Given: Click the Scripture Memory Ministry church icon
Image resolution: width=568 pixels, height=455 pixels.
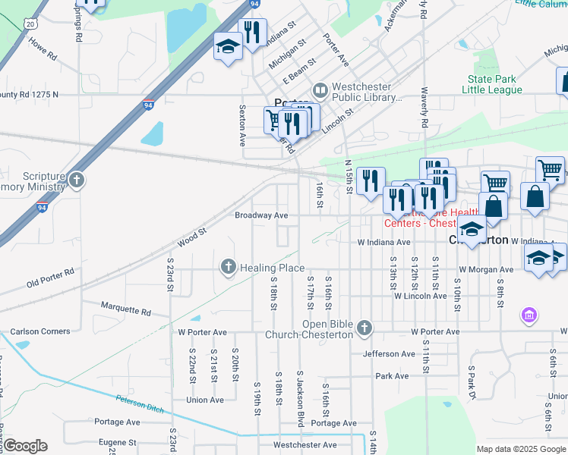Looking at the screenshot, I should (x=76, y=180).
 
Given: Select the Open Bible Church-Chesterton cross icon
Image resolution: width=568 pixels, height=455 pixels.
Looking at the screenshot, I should (x=364, y=327).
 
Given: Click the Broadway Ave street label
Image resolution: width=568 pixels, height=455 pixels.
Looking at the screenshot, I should (x=260, y=215).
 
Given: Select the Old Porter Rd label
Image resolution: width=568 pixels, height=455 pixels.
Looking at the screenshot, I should (x=50, y=277).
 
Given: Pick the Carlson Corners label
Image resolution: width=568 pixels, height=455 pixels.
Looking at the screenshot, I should (x=40, y=331).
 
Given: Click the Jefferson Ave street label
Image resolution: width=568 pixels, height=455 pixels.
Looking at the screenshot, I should (x=390, y=353).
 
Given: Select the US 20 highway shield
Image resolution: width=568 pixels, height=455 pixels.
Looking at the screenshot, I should (x=30, y=24).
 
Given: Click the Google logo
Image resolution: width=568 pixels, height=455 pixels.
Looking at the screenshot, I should (x=24, y=446).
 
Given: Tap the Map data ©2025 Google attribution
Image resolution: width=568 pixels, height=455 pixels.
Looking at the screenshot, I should (x=520, y=449).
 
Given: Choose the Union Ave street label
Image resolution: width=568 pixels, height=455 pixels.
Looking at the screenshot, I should (x=205, y=400).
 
